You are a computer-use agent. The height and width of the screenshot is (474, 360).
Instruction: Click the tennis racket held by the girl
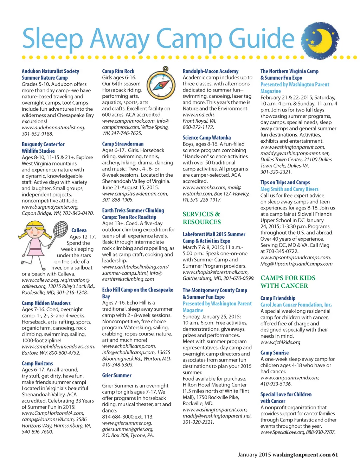click(60, 229)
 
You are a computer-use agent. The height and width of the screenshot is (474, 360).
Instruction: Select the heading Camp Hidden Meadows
click(46, 303)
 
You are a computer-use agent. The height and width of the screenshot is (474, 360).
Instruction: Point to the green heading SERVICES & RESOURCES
click(202, 218)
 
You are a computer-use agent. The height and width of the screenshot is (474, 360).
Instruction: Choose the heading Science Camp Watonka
click(207, 137)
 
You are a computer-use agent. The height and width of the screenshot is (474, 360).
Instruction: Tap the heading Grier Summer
click(117, 375)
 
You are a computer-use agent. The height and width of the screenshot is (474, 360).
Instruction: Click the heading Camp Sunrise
click(275, 352)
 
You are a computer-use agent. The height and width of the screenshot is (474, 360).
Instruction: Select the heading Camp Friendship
click(278, 298)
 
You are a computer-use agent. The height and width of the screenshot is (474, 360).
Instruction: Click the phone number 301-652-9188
click(37, 134)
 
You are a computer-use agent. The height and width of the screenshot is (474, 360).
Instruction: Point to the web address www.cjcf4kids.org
click(280, 342)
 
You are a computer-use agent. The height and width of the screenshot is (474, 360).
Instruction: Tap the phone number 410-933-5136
click(276, 384)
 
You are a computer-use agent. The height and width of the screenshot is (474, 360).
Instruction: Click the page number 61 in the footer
click(335, 455)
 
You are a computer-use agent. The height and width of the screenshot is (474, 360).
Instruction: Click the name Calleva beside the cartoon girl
click(79, 230)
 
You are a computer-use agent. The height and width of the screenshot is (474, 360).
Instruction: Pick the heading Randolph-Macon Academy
click(211, 71)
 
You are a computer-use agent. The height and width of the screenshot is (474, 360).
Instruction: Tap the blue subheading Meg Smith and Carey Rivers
click(289, 189)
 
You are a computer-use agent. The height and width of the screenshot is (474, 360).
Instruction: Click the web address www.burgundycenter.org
click(50, 207)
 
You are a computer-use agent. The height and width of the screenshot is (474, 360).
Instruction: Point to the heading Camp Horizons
click(37, 363)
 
